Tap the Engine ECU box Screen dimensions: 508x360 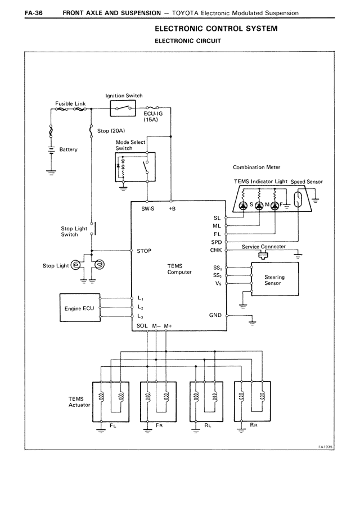click(x=79, y=308)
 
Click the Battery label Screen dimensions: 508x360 click(x=68, y=149)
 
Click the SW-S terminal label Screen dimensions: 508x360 click(x=147, y=210)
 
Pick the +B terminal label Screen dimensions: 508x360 click(x=172, y=210)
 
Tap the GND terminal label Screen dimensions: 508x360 click(x=215, y=315)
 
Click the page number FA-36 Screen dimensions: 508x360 click(x=19, y=12)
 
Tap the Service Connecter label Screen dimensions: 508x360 click(x=263, y=247)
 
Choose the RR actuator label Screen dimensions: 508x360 click(x=254, y=427)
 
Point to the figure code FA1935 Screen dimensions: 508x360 click(x=325, y=447)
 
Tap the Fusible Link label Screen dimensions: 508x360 click(x=70, y=103)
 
